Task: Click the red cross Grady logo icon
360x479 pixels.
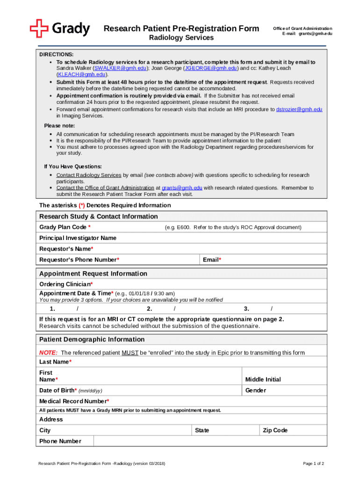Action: [39, 29]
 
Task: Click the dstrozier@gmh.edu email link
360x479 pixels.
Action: [299, 109]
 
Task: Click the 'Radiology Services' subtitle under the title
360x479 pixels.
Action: [181, 37]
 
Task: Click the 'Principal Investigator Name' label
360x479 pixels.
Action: [78, 238]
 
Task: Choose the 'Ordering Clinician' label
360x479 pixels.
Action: [66, 284]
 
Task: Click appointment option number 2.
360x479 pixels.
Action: [150, 309]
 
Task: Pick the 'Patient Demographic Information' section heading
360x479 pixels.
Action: [92, 339]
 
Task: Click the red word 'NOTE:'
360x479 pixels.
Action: [48, 353]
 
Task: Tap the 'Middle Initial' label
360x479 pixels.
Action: [263, 379]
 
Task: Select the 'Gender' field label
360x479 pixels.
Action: [255, 390]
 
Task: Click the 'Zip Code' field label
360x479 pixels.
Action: [275, 430]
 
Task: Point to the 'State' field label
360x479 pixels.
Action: [202, 430]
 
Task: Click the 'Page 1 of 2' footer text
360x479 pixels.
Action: [313, 464]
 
